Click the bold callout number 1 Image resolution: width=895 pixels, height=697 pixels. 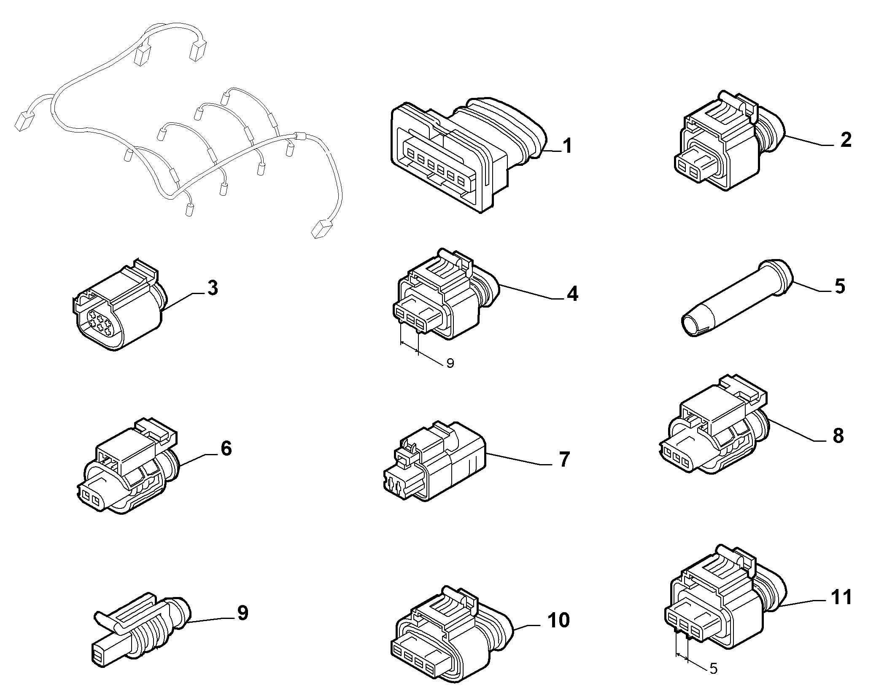click(568, 146)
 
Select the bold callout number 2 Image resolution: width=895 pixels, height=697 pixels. click(845, 140)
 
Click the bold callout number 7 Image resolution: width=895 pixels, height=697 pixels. click(564, 459)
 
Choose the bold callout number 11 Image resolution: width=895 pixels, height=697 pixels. click(841, 597)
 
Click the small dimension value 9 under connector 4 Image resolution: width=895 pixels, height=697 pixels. click(450, 363)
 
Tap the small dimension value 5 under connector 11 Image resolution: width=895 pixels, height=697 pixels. click(713, 680)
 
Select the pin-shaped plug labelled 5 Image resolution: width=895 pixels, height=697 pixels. click(738, 297)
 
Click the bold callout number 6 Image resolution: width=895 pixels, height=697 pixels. click(226, 448)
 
